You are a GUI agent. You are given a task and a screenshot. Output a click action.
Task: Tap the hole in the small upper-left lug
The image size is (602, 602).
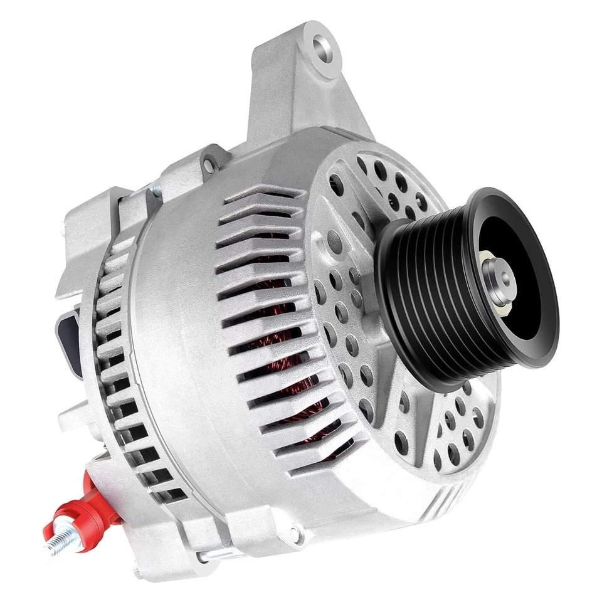coord(206,164)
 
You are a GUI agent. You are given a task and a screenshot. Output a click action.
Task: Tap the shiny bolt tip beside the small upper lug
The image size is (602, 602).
coord(152,189)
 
